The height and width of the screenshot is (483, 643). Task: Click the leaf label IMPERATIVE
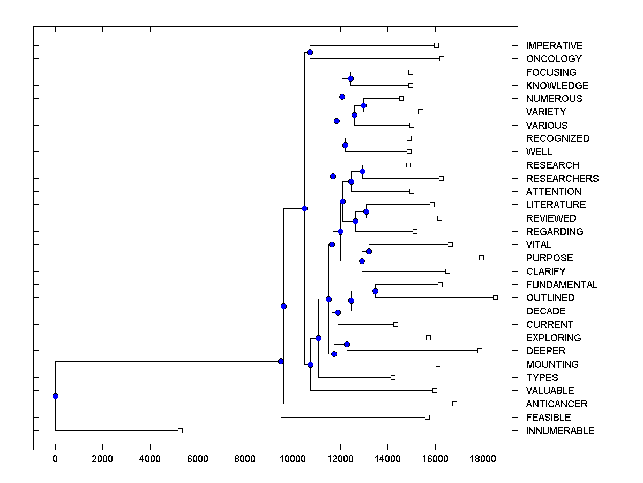point(554,46)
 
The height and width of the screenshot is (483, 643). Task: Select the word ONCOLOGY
point(554,59)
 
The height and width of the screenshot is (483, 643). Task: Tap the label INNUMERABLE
point(560,431)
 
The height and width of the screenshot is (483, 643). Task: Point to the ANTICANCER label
point(557,404)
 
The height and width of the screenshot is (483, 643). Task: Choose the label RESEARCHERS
point(562,179)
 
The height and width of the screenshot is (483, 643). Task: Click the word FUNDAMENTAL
point(562,285)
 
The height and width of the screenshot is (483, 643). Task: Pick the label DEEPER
point(545,351)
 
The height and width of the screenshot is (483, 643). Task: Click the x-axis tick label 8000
point(245,459)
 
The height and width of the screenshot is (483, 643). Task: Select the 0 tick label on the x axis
point(55,459)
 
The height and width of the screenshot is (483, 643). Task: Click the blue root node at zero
point(55,396)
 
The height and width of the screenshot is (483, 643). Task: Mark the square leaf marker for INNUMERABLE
point(180,430)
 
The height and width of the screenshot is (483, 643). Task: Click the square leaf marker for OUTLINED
point(495,297)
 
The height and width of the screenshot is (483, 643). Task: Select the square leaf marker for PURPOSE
point(481,258)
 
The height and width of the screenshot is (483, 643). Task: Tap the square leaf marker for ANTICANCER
point(454,404)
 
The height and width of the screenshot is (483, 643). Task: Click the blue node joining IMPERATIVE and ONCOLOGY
point(310,52)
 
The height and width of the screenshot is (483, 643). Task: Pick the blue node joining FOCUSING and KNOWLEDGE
point(350,79)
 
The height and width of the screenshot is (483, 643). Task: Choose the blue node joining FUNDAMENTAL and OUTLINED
point(375,291)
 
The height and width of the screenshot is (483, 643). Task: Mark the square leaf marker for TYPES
point(393,377)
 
